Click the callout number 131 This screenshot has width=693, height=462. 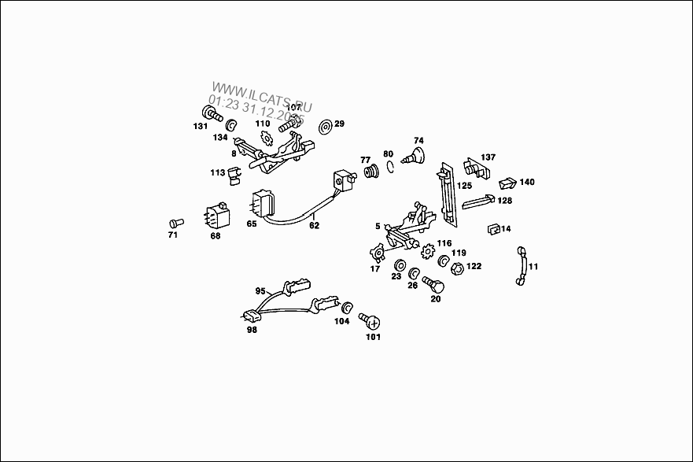coord(201,127)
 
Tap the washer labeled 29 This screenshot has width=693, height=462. coord(325,125)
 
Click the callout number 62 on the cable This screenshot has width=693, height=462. coord(314,225)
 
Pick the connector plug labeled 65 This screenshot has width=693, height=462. coord(262,204)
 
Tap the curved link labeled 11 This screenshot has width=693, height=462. coord(520,268)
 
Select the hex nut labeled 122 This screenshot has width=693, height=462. coord(455,269)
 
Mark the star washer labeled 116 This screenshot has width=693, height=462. coord(429,253)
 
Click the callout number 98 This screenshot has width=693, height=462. coord(252,330)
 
